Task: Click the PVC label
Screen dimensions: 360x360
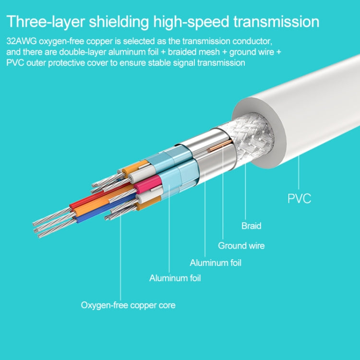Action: [299, 198]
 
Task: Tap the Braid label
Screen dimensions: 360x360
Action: [251, 226]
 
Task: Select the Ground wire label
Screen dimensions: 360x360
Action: [241, 246]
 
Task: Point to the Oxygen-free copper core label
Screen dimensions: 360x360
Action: [128, 305]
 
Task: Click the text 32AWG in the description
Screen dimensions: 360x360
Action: [19, 42]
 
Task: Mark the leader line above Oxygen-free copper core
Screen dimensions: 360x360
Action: [120, 259]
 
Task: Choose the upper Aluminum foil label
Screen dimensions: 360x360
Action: [216, 263]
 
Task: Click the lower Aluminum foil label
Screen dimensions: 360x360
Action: [175, 278]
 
